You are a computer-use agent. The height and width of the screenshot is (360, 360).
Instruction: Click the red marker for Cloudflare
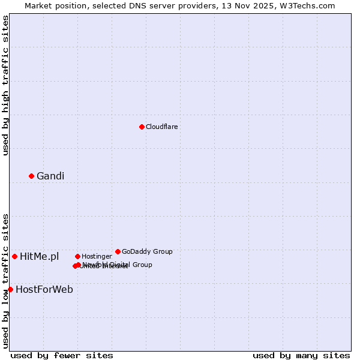point(142,127)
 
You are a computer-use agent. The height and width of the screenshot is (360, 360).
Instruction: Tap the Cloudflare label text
point(161,127)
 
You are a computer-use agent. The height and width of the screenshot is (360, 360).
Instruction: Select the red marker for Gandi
point(32,176)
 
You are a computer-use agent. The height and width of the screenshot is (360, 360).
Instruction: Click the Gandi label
point(50,176)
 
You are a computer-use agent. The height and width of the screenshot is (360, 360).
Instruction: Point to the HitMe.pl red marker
point(15,256)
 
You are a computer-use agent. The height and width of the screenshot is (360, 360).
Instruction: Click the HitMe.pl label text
point(40,257)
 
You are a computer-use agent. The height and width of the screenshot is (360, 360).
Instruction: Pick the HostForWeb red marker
point(10,289)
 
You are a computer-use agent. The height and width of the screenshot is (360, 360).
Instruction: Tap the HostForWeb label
point(44,290)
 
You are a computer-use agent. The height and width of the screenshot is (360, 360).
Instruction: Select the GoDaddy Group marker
point(118,251)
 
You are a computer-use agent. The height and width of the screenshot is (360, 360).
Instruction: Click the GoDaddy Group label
point(147,251)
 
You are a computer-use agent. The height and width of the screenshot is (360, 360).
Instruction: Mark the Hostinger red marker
point(77,256)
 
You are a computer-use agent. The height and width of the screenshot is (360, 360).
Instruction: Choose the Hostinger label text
point(97,256)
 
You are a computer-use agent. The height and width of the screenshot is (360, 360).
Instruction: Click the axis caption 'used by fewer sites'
point(62,356)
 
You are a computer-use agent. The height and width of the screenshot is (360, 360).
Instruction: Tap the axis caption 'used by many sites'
point(301,356)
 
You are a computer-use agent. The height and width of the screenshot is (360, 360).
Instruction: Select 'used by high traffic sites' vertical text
point(6,85)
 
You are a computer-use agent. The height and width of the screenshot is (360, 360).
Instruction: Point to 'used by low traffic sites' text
point(6,281)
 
